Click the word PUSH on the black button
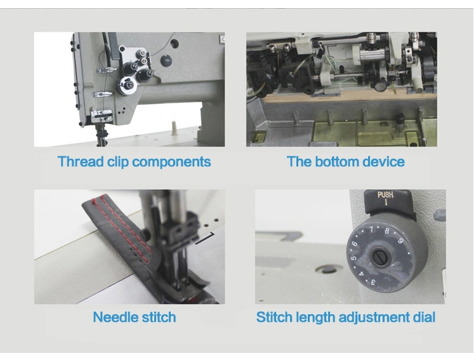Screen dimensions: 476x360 [x=385, y=195]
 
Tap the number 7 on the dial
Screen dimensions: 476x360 [x=371, y=230]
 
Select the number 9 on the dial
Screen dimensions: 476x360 [x=400, y=241]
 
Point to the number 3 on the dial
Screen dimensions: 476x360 [x=373, y=282]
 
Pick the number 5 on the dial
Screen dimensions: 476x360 [x=354, y=258]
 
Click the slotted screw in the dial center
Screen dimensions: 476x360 [x=380, y=258]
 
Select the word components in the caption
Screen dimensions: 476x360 [x=172, y=163]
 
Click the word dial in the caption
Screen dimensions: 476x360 [x=424, y=317]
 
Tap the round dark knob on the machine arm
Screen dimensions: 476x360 [x=166, y=60]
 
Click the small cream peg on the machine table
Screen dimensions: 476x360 [x=174, y=128]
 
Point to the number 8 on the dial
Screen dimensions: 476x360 [x=387, y=230]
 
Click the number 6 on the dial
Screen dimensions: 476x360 [x=354, y=243]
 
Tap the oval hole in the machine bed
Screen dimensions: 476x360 [x=329, y=268]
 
